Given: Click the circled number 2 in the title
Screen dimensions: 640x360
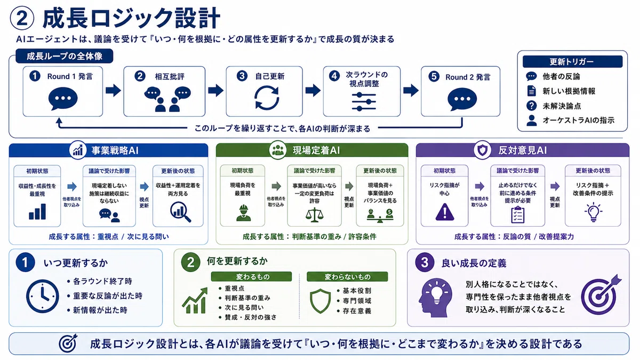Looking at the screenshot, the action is [22, 18].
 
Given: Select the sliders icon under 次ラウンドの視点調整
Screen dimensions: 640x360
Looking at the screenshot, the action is [364, 102].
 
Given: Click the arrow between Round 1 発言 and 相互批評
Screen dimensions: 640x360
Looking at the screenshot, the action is [113, 91].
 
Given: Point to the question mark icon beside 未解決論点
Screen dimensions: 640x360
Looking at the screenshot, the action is [531, 106].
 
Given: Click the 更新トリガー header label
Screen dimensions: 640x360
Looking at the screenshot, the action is [572, 61].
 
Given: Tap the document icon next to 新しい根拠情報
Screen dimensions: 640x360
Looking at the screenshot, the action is [531, 91].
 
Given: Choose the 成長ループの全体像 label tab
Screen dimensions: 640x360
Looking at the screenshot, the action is [65, 57].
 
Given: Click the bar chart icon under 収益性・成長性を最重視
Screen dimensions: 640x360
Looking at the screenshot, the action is [37, 211].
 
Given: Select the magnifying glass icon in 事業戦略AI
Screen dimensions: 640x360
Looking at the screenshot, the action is [180, 212].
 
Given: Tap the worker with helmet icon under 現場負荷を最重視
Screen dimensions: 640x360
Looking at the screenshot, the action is [243, 213].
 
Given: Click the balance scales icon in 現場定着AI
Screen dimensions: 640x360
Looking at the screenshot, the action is [314, 215].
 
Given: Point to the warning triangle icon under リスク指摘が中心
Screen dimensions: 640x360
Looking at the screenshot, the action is [445, 212].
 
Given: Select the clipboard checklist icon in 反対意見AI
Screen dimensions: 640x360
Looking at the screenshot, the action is [517, 215].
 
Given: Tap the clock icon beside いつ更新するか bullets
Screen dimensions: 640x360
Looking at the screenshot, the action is [43, 296].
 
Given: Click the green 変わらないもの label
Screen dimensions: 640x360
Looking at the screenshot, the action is [347, 277].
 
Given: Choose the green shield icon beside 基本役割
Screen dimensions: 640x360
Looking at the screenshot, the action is [321, 301].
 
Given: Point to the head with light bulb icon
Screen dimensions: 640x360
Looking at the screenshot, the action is [435, 298].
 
